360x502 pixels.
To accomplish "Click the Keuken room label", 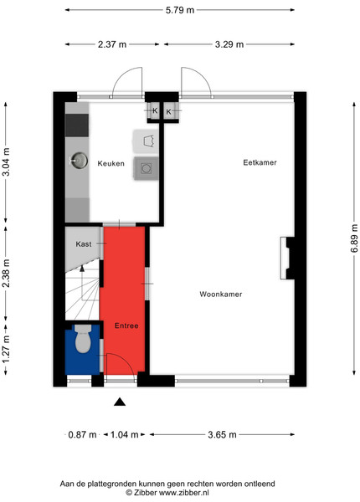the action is click(x=111, y=164).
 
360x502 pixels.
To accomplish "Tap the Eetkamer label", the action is click(x=260, y=162).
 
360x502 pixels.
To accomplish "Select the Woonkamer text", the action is click(x=221, y=295).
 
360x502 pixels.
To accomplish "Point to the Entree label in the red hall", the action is click(x=126, y=325).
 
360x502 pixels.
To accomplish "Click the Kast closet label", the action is click(x=84, y=244).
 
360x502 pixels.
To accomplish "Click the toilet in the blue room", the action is click(x=83, y=339).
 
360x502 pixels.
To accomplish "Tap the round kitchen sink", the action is click(x=79, y=160).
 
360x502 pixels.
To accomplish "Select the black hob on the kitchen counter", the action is click(x=77, y=125).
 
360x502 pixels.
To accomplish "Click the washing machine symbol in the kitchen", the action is click(x=146, y=168).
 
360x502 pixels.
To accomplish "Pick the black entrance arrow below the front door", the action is click(x=120, y=402).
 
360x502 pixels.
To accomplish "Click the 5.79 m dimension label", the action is click(x=180, y=10).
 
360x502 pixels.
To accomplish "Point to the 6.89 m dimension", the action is click(x=354, y=238).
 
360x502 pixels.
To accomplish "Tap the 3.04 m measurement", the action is click(x=6, y=162).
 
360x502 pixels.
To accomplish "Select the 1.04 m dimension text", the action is click(x=124, y=434).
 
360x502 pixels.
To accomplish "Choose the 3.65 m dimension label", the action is click(x=222, y=434).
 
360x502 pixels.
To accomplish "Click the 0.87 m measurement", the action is click(x=82, y=434).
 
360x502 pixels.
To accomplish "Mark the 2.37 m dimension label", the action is click(x=112, y=44).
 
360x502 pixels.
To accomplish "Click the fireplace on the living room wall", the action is click(x=287, y=258).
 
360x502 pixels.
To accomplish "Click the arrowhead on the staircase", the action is click(x=82, y=269).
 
